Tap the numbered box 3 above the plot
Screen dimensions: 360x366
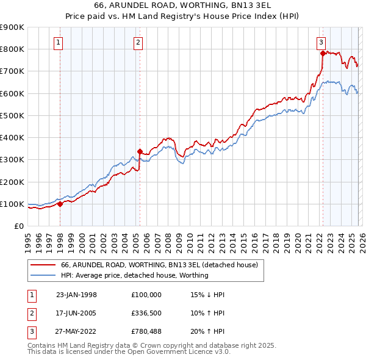point(321,42)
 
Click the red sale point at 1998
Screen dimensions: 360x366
point(60,204)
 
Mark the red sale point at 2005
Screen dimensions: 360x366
point(140,151)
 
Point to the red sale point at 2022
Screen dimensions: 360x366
point(322,53)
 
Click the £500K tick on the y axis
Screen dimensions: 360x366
point(12,115)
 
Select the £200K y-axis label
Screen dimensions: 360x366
point(12,182)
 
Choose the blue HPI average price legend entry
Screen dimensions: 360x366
point(134,275)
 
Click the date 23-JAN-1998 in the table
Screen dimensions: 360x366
point(76,295)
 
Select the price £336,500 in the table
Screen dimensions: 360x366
point(146,314)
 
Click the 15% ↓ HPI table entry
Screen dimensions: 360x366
point(207,295)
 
